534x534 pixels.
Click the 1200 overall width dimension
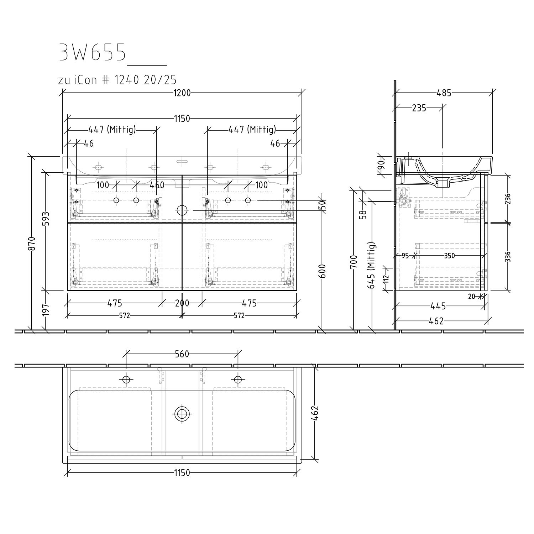[x=182, y=93]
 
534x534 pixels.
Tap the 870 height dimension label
[x=32, y=244]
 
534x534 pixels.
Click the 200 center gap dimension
[x=182, y=303]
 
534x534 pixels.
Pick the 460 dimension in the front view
[x=157, y=185]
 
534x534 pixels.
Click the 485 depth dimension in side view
[x=444, y=93]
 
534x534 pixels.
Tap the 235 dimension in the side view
[x=419, y=108]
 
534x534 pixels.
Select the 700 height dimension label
[x=354, y=262]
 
